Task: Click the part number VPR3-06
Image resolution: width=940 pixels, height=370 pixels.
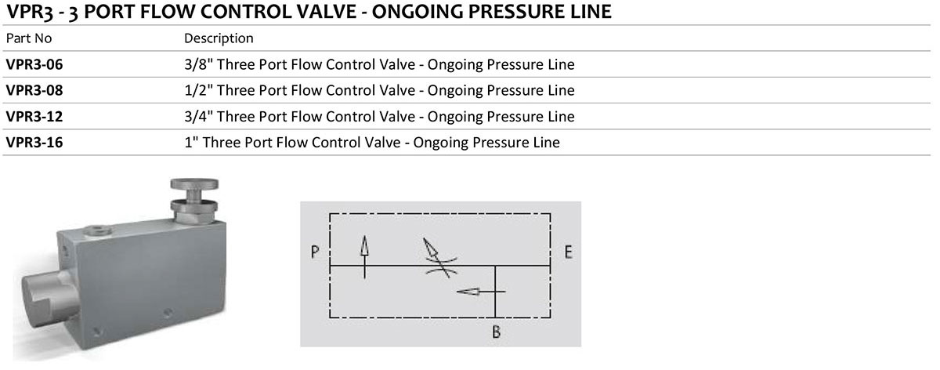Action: pyautogui.click(x=34, y=65)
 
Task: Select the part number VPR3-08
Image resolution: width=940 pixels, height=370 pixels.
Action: pyautogui.click(x=34, y=91)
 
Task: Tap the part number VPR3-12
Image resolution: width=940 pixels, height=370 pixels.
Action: pyautogui.click(x=34, y=117)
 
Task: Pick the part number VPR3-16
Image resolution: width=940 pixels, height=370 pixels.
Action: pyautogui.click(x=34, y=143)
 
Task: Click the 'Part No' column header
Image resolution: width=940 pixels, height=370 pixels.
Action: pyautogui.click(x=29, y=38)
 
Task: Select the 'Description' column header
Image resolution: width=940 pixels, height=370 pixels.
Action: pyautogui.click(x=219, y=38)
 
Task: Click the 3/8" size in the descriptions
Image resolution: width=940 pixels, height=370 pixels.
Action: pyautogui.click(x=198, y=65)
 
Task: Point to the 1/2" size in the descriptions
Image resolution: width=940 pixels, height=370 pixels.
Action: pyautogui.click(x=198, y=91)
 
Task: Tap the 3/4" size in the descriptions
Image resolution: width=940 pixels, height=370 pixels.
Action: pyautogui.click(x=198, y=117)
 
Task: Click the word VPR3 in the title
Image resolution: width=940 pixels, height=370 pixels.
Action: pyautogui.click(x=30, y=12)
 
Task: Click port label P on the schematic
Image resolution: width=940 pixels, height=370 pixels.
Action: pyautogui.click(x=315, y=252)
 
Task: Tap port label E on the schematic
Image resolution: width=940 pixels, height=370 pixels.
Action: pyautogui.click(x=568, y=252)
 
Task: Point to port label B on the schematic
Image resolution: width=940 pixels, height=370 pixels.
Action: pyautogui.click(x=497, y=332)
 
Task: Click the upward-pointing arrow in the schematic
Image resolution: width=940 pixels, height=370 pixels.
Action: pyautogui.click(x=365, y=257)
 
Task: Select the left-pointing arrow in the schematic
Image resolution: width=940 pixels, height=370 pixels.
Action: pyautogui.click(x=480, y=292)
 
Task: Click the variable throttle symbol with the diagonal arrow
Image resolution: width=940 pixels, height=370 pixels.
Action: pyautogui.click(x=440, y=258)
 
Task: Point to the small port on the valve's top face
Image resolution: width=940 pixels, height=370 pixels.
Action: pyautogui.click(x=98, y=230)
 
